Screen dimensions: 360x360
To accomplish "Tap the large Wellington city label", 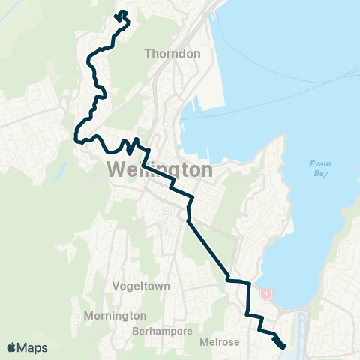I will click(x=160, y=170).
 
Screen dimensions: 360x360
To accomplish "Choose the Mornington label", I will click(x=115, y=315).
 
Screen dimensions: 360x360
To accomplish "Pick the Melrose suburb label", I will click(x=220, y=342).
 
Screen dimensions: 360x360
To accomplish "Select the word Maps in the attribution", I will click(x=34, y=347).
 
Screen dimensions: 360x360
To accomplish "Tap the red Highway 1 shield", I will click(x=265, y=295).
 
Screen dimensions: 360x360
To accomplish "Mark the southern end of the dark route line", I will click(x=283, y=346).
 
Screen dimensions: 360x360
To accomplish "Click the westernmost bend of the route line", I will click(x=76, y=137).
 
